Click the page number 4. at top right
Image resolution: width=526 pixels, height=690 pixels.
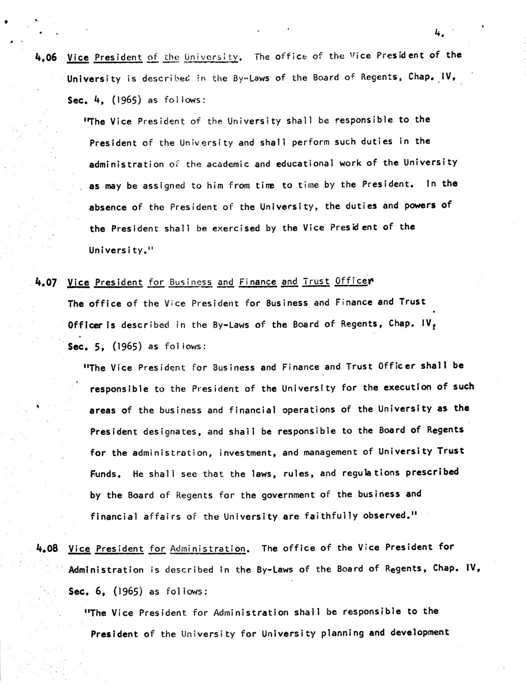(439, 33)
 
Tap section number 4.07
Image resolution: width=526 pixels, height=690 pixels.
(47, 282)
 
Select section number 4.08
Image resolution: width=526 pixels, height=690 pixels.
(48, 548)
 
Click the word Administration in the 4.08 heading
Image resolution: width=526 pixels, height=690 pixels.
(208, 548)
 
